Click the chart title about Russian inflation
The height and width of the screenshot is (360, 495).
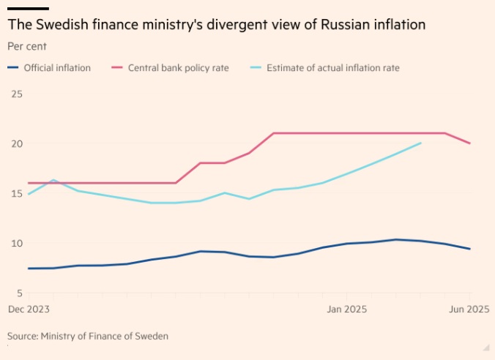point(217,26)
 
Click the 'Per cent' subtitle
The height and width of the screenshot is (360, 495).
point(27,46)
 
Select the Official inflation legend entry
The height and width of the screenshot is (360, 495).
point(57,68)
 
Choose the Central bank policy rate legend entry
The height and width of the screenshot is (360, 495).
point(178,68)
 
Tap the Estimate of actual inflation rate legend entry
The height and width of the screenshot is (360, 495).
point(332,68)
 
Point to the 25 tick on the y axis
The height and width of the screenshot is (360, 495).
point(17,94)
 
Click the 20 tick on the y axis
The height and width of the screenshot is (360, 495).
point(17,143)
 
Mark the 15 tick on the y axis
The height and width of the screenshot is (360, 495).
point(17,193)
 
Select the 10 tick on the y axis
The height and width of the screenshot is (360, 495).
point(17,244)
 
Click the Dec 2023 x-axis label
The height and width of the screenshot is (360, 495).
point(29,310)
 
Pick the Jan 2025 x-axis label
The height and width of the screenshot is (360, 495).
point(346,310)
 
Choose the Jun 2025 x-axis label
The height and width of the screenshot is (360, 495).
point(469,310)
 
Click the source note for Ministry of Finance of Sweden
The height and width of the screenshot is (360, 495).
point(88,336)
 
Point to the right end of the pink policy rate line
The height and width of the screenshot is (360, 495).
point(470,143)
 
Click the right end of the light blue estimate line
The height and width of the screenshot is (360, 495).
point(421,143)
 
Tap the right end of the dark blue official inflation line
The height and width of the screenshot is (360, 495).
point(470,249)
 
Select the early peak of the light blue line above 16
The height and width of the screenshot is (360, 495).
point(53,180)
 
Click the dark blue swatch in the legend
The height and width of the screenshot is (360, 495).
point(13,68)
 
